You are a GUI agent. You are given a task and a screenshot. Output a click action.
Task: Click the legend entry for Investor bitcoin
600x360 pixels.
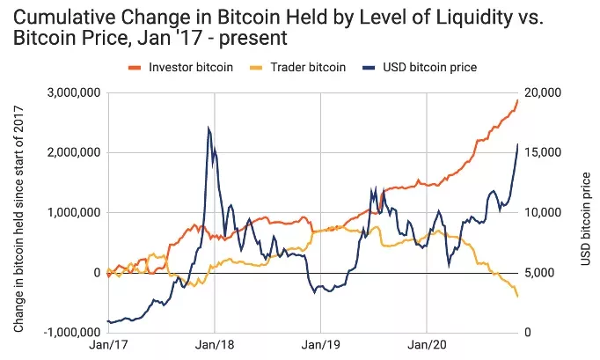click(190, 67)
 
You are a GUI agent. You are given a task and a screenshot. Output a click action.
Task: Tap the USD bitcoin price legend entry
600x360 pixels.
click(438, 67)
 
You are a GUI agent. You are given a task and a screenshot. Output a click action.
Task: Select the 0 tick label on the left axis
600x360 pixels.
click(92, 273)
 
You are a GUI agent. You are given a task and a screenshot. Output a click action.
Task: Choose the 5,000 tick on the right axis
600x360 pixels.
click(541, 273)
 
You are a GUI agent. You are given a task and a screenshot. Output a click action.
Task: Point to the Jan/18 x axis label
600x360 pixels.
click(214, 347)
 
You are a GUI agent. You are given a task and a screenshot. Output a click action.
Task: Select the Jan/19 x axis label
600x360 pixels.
click(320, 347)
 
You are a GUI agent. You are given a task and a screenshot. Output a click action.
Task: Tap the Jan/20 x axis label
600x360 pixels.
click(427, 347)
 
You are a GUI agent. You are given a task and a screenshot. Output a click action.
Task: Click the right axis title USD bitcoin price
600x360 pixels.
click(584, 212)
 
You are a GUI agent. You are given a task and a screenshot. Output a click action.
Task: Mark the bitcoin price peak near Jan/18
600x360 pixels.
click(209, 129)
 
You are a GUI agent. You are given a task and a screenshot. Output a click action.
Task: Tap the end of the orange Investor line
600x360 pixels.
click(518, 99)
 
